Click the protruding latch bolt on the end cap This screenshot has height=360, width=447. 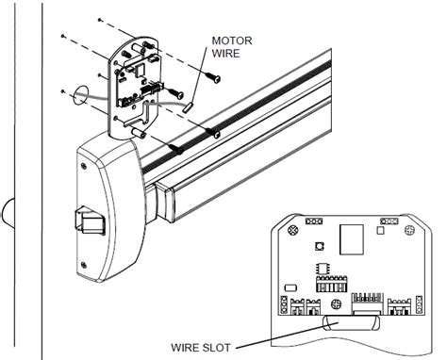tap(85, 223)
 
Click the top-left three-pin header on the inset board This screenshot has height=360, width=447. tap(315, 221)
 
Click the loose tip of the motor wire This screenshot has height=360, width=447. tap(188, 107)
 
